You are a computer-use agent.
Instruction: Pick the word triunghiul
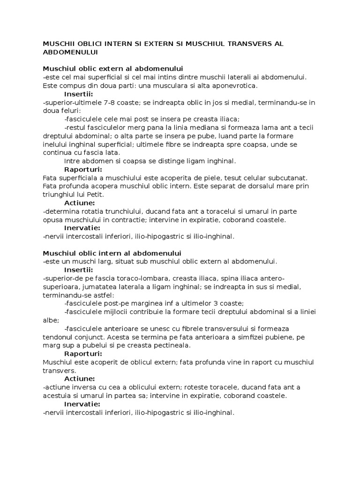pyautogui.click(x=60, y=194)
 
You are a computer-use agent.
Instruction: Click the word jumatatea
pyautogui.click(x=86, y=287)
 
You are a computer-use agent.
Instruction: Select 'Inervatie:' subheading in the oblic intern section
pyautogui.click(x=82, y=404)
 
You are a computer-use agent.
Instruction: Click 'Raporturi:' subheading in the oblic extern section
pyautogui.click(x=82, y=169)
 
